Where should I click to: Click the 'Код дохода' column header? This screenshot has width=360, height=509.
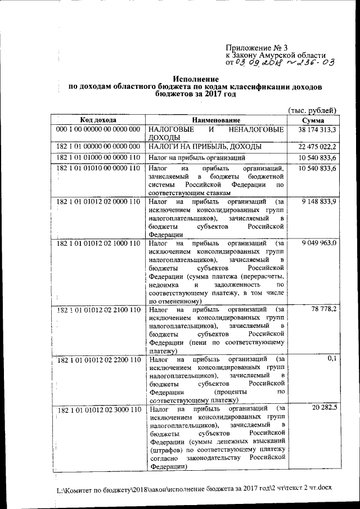click(98, 120)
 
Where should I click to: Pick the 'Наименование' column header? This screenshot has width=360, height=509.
click(216, 120)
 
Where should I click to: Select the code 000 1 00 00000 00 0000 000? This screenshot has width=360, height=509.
click(98, 130)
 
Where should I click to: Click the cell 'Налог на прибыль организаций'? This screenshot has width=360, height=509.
click(197, 157)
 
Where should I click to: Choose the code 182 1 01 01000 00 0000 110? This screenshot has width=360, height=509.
click(98, 157)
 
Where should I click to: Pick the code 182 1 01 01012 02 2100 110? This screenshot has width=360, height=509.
click(98, 310)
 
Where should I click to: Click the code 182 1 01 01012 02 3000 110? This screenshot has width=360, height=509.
click(98, 409)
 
